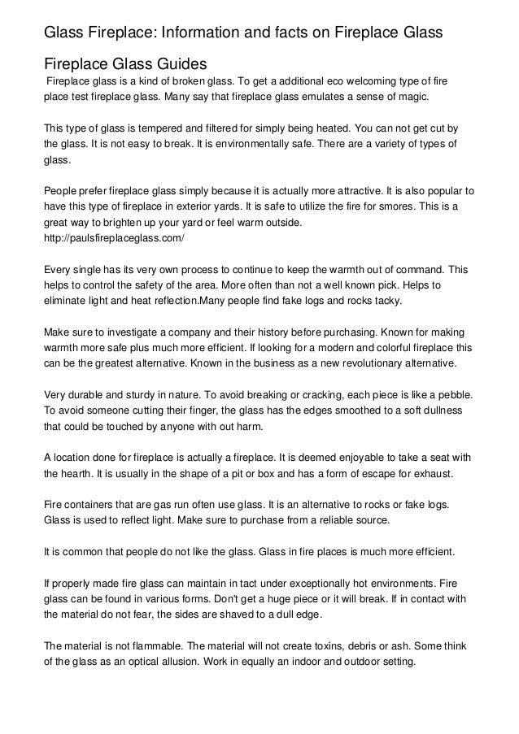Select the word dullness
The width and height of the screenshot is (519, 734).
(x=441, y=410)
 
